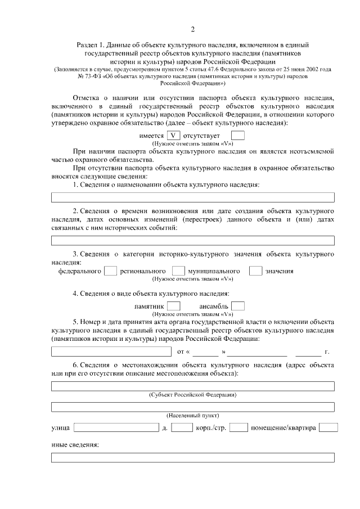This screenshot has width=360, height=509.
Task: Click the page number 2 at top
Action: point(192,29)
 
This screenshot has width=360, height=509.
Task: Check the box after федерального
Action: point(110,271)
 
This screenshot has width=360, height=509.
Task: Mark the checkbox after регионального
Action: point(178,271)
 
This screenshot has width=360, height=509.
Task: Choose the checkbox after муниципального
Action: point(255,271)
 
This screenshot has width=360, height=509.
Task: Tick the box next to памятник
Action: point(174,306)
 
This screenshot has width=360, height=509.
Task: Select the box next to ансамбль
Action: point(238,306)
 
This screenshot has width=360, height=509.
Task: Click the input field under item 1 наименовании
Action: point(192,197)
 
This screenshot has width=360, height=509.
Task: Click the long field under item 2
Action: point(192,241)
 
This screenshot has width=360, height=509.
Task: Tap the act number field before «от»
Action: point(111,352)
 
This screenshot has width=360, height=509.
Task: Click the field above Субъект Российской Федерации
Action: point(192,386)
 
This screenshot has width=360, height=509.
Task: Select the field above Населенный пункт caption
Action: point(192,407)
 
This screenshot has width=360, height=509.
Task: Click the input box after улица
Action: point(116,427)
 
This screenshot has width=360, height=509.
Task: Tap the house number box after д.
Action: point(182,427)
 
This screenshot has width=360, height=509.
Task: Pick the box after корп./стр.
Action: point(238,427)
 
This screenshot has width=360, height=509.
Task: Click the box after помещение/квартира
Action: point(328,427)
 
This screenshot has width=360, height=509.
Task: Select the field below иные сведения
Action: point(192,458)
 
